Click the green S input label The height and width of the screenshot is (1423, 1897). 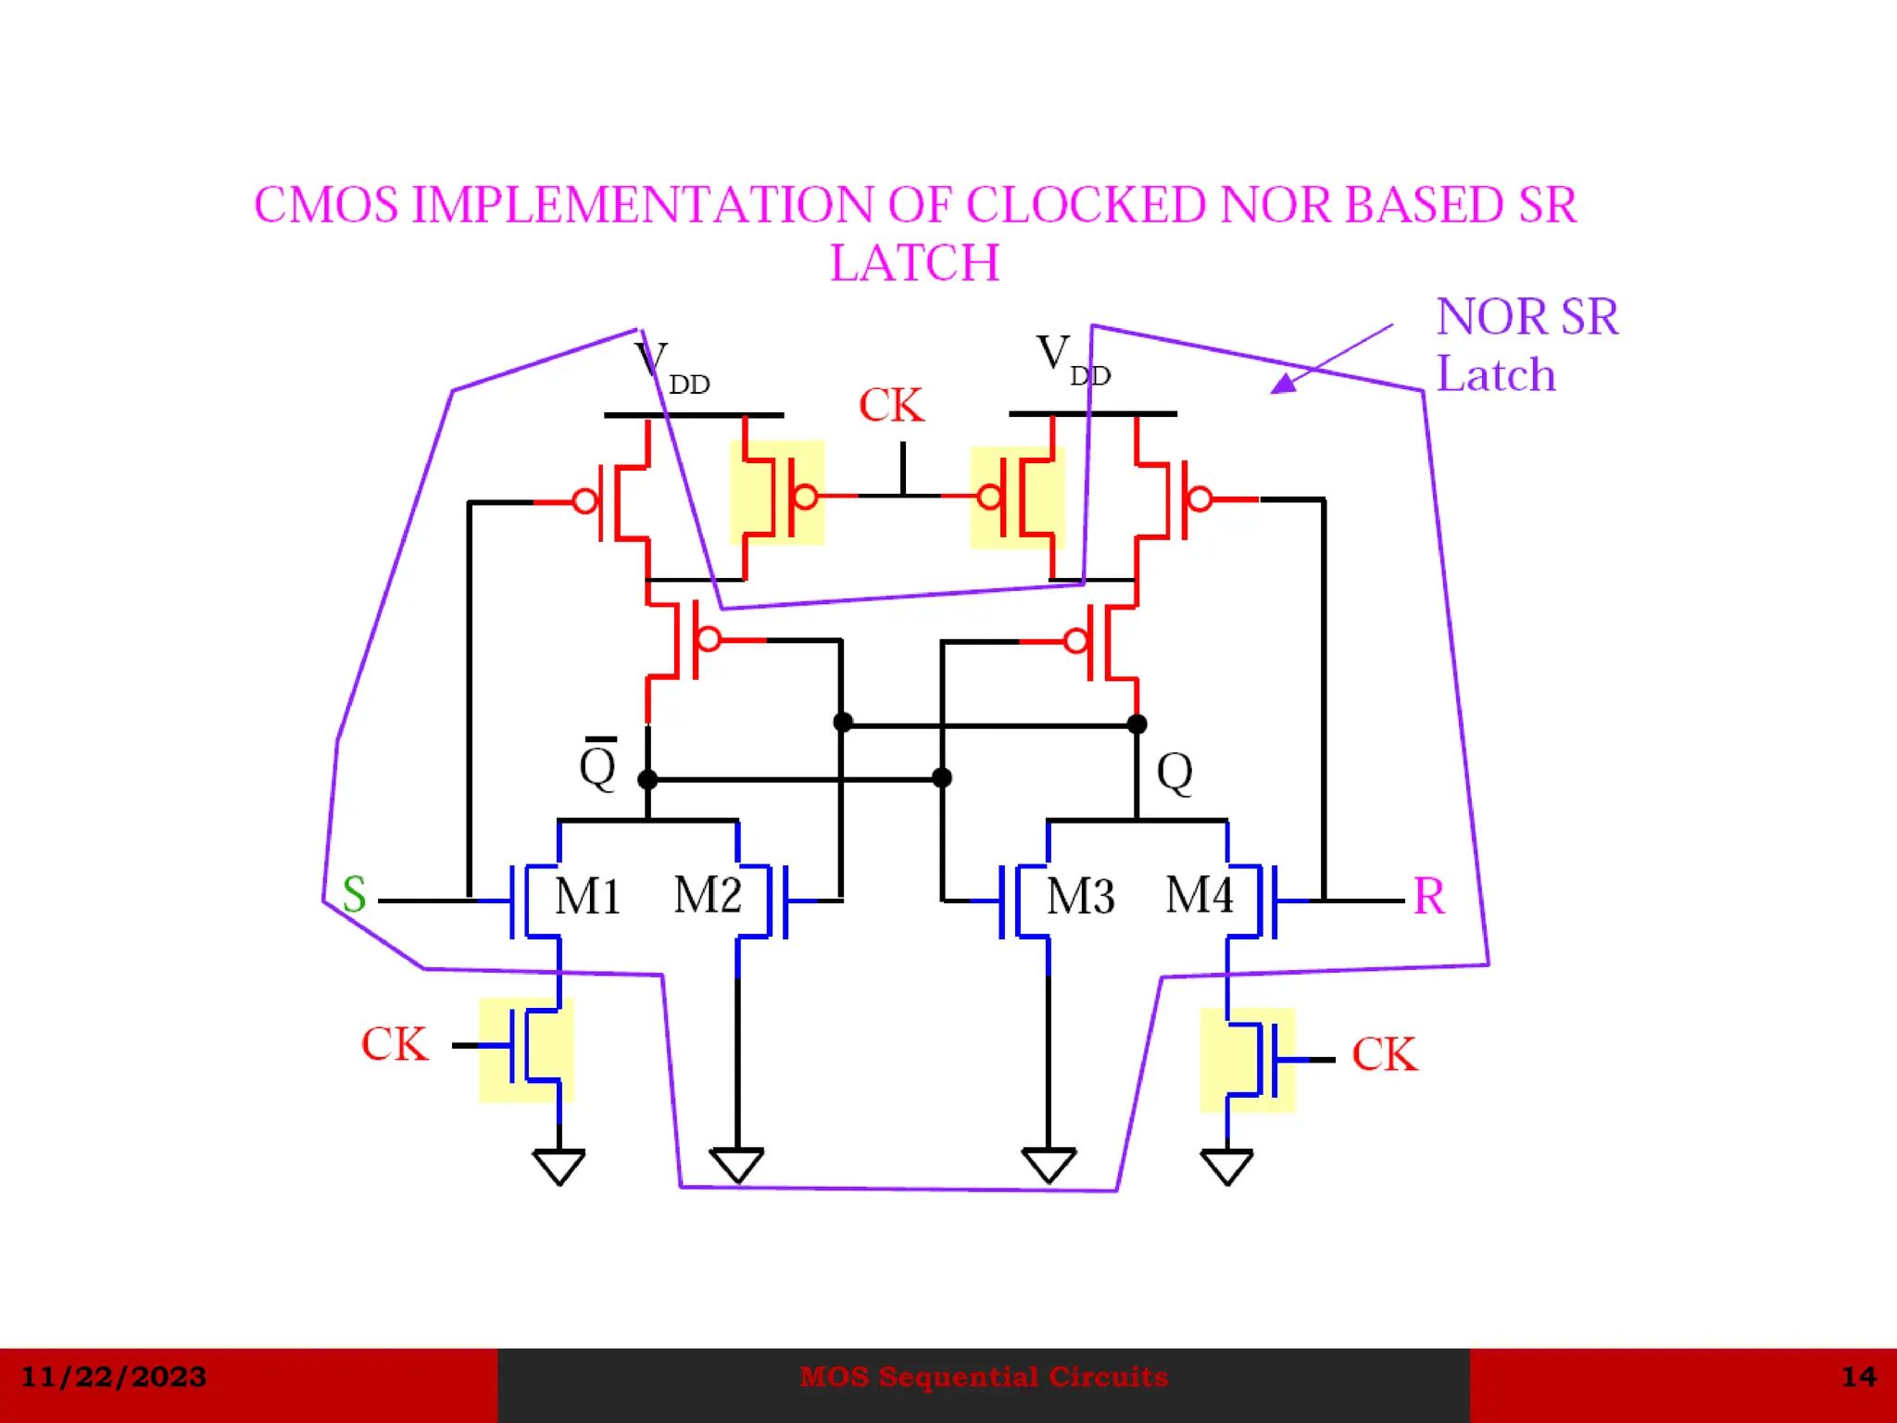354,895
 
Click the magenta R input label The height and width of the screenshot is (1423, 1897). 1427,897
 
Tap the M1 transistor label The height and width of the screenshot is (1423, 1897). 586,897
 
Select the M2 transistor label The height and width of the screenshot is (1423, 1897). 707,895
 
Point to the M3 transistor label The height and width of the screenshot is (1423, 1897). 1080,897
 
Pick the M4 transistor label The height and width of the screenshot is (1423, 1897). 1199,895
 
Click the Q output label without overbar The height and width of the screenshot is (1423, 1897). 1175,772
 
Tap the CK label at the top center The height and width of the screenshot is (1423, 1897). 890,406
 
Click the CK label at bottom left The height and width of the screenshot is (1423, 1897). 395,1045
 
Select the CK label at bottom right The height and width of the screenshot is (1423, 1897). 1384,1055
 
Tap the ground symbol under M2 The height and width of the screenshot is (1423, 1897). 737,1165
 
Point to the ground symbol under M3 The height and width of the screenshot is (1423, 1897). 1049,1165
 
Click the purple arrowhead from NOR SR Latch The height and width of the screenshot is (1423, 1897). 1285,383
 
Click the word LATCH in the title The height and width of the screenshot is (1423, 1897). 914,263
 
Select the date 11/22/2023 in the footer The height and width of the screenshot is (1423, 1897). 113,1377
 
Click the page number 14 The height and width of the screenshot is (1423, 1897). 1858,1377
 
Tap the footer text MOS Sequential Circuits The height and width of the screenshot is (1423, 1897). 983,1377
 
